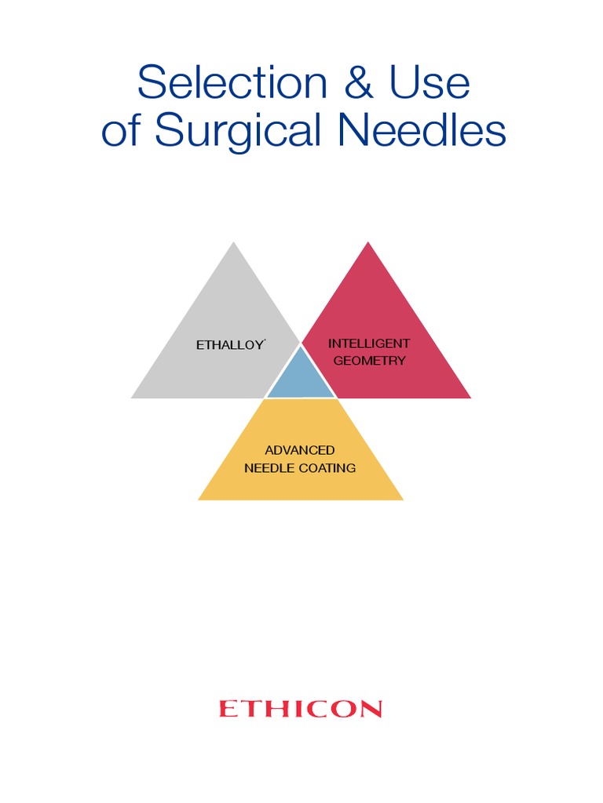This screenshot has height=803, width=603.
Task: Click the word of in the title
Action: point(124,131)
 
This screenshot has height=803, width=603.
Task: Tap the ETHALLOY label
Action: point(229,345)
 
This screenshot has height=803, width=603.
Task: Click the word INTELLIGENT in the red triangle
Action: point(369,343)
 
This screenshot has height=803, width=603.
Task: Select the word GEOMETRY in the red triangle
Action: point(369,361)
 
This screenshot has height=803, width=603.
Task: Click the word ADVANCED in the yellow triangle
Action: point(300,450)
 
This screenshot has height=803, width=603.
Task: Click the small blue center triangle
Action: point(301,379)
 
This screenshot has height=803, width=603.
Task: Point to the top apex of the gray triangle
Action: point(233,242)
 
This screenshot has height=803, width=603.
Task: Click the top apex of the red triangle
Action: point(368,242)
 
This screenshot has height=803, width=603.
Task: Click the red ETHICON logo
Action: point(301,710)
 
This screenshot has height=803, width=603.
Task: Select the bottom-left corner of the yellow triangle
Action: point(199,499)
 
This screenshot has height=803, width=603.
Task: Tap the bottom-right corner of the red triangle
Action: point(470,398)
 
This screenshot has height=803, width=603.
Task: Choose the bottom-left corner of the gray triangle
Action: point(132,398)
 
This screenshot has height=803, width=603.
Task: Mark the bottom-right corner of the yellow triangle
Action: point(402,499)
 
